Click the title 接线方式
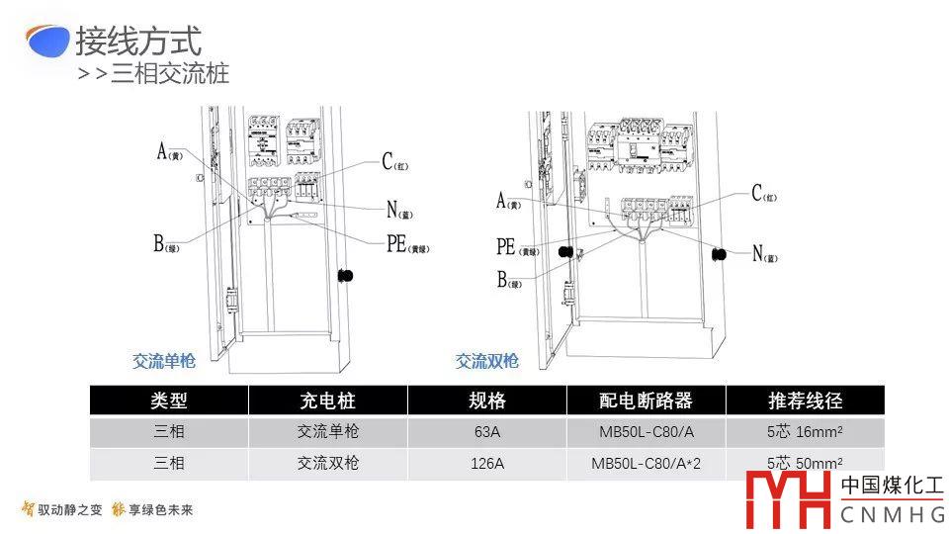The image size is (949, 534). (x=138, y=42)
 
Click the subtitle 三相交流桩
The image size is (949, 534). (x=169, y=73)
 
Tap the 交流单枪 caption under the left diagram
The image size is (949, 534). (x=165, y=361)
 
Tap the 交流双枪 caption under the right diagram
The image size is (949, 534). (x=487, y=361)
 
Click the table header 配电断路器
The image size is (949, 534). (x=646, y=400)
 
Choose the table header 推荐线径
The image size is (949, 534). (x=805, y=400)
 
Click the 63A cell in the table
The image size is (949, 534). (x=486, y=432)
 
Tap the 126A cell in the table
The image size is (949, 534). (x=486, y=463)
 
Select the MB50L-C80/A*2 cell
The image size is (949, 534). (x=646, y=463)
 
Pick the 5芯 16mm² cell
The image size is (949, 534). (x=805, y=432)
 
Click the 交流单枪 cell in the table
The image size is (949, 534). (x=327, y=432)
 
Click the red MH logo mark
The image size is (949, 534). (x=788, y=500)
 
